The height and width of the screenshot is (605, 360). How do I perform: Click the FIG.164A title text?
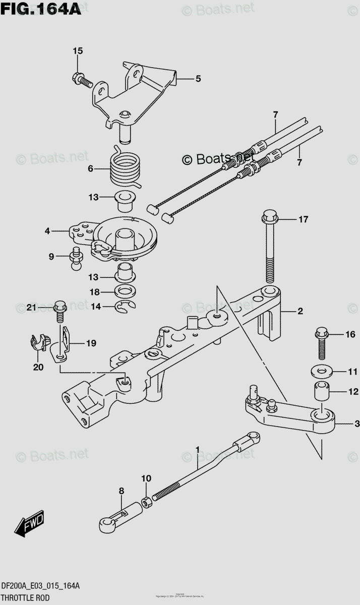pos(41,9)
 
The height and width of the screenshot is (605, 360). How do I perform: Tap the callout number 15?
pos(77,50)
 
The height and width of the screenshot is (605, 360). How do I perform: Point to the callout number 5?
pos(198,79)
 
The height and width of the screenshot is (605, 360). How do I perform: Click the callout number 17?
pos(303,219)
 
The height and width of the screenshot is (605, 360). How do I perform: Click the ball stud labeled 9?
pos(77,258)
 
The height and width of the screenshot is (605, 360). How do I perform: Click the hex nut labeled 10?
pos(146,502)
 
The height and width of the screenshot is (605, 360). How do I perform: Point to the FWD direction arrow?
pos(30,525)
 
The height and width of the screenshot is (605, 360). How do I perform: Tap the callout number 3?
pos(356,424)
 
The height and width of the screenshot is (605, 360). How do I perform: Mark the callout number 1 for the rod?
pos(198,449)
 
